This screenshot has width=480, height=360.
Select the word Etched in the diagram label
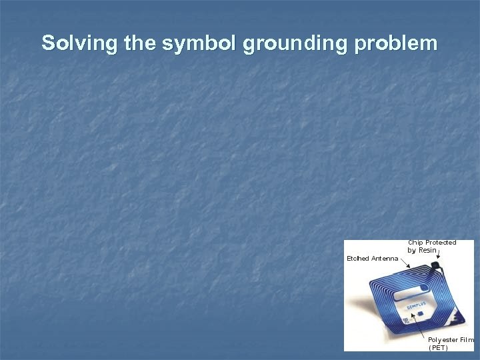(x=357, y=258)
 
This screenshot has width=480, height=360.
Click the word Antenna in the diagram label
(x=385, y=258)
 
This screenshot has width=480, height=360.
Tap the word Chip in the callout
(x=415, y=243)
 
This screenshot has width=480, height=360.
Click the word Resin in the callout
(x=428, y=251)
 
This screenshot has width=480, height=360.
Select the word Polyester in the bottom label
(x=443, y=340)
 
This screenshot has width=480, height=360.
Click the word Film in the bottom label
(x=466, y=340)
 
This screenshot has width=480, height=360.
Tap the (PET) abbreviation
(x=438, y=347)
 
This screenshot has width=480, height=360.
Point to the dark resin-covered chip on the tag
(x=437, y=269)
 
